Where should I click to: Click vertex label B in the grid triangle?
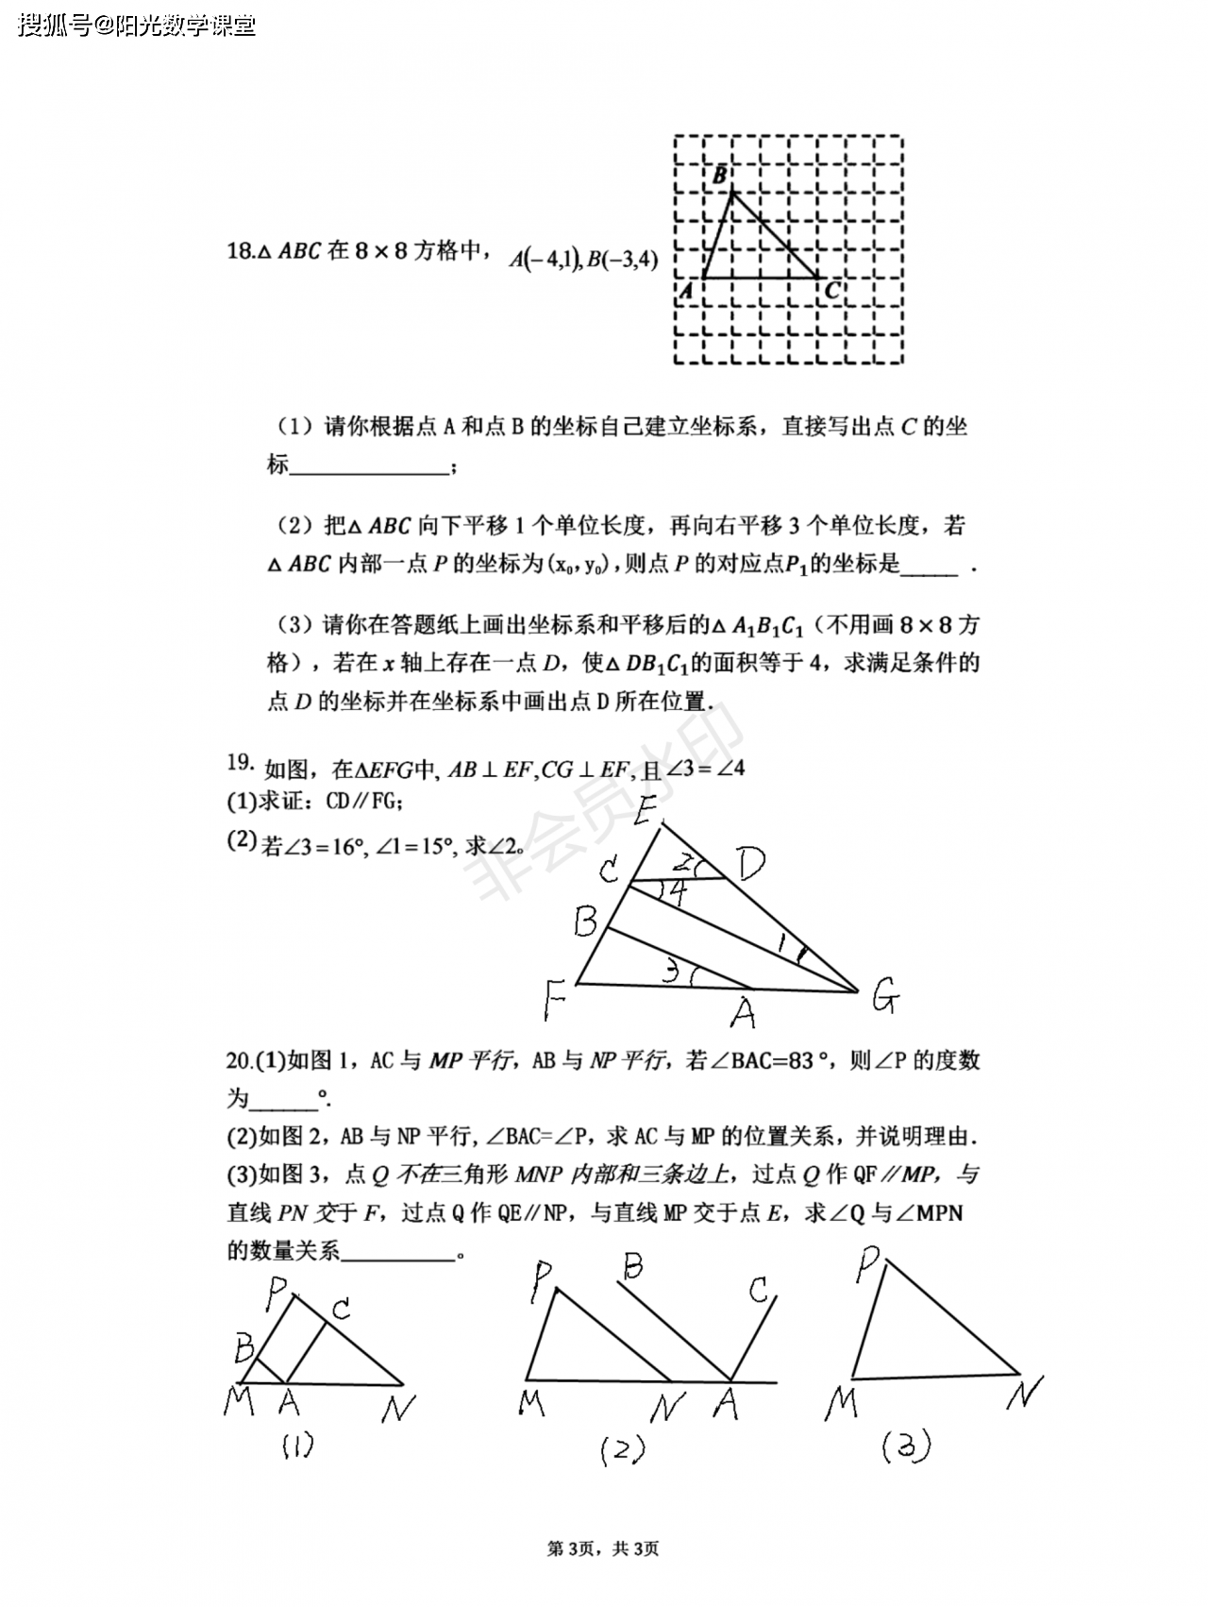click(x=720, y=175)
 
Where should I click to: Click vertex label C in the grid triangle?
click(x=831, y=290)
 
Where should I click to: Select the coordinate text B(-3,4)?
click(x=621, y=259)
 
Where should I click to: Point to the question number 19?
click(x=240, y=762)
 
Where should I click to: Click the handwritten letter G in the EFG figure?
click(x=883, y=996)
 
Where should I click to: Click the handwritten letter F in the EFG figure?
click(x=554, y=1000)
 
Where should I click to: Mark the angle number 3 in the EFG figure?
click(x=671, y=970)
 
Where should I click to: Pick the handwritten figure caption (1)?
click(x=297, y=1446)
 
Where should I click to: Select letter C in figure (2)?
click(x=760, y=1290)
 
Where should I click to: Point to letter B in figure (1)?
click(x=244, y=1347)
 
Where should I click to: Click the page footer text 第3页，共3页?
click(x=603, y=1548)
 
